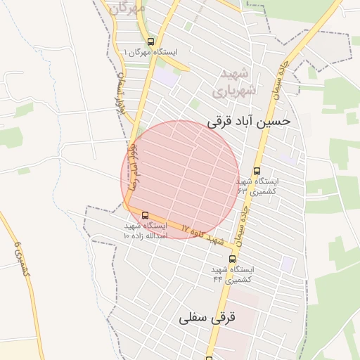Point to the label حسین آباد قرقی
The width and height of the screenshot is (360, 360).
[x=248, y=121]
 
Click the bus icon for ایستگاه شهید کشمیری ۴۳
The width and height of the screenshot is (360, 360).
[x=257, y=171]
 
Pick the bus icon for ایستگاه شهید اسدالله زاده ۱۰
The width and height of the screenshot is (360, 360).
[x=146, y=215]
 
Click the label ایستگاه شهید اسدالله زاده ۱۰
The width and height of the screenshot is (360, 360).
[x=145, y=231]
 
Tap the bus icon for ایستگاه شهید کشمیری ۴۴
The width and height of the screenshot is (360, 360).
[x=233, y=259]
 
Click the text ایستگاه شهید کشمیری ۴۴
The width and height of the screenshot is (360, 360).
[x=233, y=274]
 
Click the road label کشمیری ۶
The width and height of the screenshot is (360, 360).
[x=21, y=258]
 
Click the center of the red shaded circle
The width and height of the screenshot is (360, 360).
[x=181, y=179]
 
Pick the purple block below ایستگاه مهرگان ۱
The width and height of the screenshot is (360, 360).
[x=166, y=76]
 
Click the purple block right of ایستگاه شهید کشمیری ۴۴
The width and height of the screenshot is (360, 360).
[x=287, y=264]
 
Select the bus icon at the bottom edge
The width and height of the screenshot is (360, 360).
[x=209, y=357]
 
